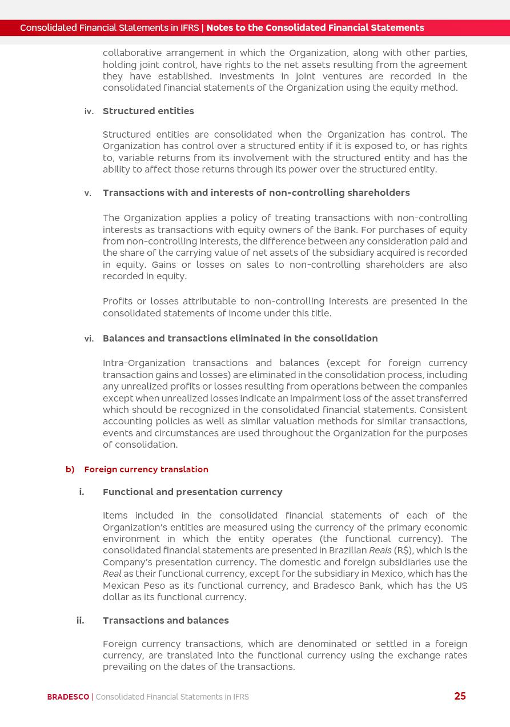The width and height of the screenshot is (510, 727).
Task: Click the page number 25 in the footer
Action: (460, 696)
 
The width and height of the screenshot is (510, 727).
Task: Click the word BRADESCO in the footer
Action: (68, 697)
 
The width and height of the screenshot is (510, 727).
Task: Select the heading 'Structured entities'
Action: (148, 111)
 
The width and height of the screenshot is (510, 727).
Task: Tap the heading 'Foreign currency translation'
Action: (146, 469)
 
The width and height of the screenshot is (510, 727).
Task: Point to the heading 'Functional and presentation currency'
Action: (192, 492)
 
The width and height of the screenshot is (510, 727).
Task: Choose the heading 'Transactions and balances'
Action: (166, 620)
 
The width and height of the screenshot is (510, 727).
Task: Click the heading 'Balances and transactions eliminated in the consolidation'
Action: (240, 338)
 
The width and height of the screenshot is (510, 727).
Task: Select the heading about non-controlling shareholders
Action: (256, 192)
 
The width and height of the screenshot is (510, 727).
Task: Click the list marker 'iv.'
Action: (89, 111)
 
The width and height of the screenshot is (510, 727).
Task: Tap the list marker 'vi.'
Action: (89, 339)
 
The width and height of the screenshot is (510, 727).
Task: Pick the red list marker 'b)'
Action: (70, 469)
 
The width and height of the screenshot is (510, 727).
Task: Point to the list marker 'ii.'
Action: (80, 620)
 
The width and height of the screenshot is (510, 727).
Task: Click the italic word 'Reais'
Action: (380, 551)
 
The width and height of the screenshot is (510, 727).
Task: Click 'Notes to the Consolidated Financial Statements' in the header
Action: (315, 27)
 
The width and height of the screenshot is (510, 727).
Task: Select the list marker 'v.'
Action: (87, 193)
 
